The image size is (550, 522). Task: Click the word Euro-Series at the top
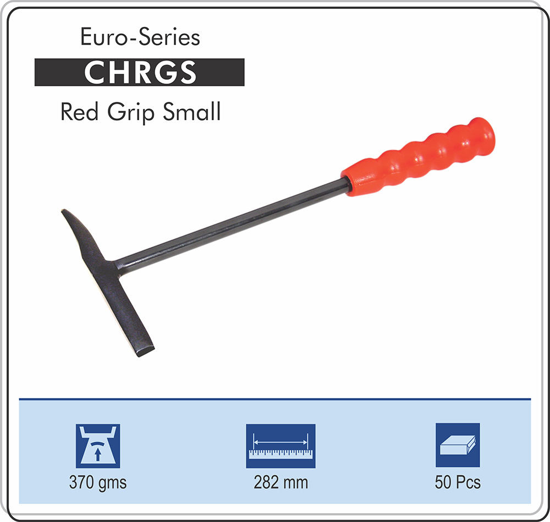click(140, 37)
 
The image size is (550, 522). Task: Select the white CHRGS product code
click(140, 72)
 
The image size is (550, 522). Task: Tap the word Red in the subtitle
click(79, 112)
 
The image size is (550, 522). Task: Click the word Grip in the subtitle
click(130, 113)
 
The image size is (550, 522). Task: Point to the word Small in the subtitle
click(191, 112)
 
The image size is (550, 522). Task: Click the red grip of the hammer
click(418, 156)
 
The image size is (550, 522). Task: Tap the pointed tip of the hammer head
click(64, 211)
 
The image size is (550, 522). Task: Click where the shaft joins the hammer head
click(115, 267)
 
